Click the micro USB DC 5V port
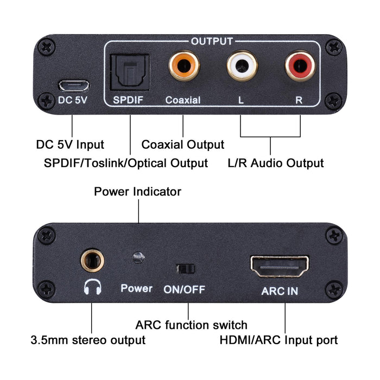(x=73, y=85)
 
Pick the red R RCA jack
(x=300, y=66)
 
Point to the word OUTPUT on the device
(x=212, y=41)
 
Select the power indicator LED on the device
(x=138, y=256)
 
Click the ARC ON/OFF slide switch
(x=185, y=269)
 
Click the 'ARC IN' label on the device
(x=280, y=291)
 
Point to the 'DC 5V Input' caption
(x=70, y=144)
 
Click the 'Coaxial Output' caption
(x=182, y=144)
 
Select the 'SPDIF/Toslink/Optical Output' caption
(x=125, y=163)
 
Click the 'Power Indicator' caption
(x=137, y=192)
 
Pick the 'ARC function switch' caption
(x=191, y=325)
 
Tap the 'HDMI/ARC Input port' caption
(x=278, y=340)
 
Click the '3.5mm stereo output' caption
(x=88, y=340)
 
